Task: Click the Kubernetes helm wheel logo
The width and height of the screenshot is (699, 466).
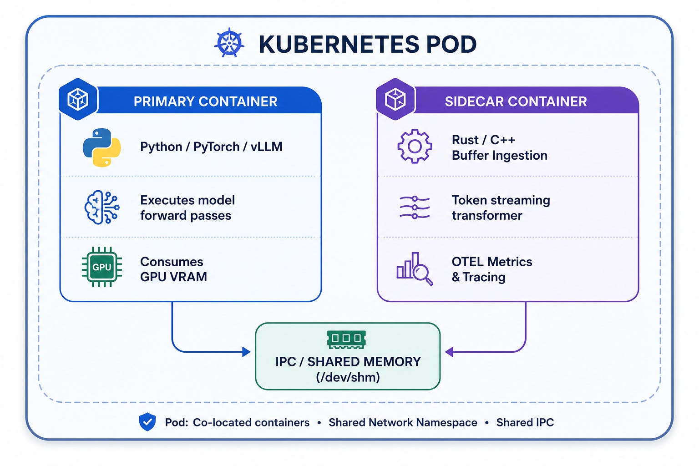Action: point(229,43)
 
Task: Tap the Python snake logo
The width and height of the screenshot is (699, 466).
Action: point(102,147)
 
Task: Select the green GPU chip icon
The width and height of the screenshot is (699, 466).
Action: point(102,267)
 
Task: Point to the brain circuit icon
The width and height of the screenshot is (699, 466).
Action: point(102,207)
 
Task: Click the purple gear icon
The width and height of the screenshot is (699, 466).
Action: point(415,146)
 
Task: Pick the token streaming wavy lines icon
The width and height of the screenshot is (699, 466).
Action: point(415,207)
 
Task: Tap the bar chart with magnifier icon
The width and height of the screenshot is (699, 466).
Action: point(415,269)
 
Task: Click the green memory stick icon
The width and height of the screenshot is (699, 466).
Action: point(346,339)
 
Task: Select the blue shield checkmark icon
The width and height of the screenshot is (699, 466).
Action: point(147,422)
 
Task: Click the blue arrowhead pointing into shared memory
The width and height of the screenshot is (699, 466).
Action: point(246,352)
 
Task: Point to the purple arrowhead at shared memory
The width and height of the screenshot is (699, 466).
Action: point(449,352)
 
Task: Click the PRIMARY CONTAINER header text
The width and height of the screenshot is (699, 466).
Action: point(205,101)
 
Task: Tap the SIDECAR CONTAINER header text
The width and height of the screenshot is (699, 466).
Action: point(516,101)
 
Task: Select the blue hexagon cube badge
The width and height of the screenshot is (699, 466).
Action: point(78,99)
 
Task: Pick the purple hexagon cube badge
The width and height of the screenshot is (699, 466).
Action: point(395,99)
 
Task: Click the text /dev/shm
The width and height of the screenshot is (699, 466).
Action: point(348,377)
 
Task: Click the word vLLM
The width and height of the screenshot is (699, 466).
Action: point(267,147)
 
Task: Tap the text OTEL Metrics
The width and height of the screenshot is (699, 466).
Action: point(492,262)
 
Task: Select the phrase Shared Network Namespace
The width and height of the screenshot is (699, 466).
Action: point(403,422)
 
